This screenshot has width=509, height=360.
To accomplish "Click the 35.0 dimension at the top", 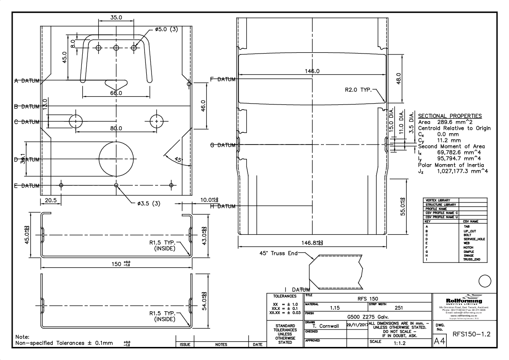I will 116,18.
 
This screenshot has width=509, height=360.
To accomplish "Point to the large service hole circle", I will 116,157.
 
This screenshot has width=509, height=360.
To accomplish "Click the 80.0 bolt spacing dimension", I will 116,128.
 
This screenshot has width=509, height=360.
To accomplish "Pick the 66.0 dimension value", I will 116,93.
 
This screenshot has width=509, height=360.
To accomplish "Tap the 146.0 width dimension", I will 312,71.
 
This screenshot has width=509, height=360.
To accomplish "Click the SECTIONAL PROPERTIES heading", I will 450,116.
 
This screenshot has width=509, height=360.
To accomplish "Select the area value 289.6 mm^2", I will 452,122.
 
